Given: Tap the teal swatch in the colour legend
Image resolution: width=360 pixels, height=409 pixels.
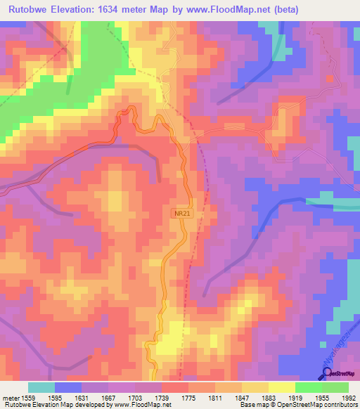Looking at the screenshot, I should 41,387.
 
